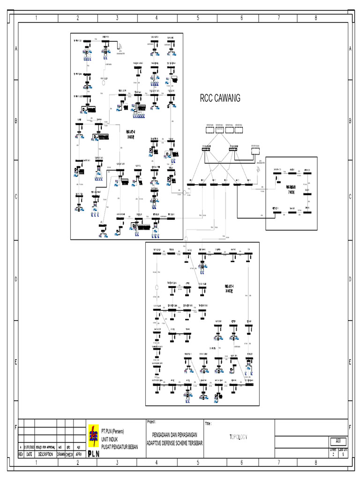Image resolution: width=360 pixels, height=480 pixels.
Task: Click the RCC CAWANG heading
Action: click(220, 98)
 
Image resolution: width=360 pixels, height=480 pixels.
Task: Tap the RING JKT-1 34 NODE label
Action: click(229, 288)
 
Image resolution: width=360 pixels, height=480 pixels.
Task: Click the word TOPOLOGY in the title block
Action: click(238, 437)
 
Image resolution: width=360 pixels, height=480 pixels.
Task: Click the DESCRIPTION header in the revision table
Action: click(46, 455)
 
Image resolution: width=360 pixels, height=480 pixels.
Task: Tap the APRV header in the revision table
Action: click(80, 455)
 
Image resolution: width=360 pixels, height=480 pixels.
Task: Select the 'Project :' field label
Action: click(154, 421)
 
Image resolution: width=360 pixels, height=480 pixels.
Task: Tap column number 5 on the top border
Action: click(198, 18)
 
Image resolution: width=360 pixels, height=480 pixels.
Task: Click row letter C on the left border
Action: click(16, 197)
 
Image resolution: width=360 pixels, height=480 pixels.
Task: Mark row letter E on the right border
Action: click(350, 362)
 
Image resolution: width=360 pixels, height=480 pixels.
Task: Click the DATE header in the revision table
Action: click(30, 455)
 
